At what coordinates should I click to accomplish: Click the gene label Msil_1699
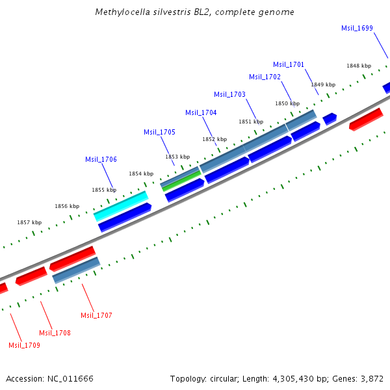(357, 28)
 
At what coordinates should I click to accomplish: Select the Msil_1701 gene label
(289, 64)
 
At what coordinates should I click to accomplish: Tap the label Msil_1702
(265, 77)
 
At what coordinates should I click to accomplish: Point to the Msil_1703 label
(229, 94)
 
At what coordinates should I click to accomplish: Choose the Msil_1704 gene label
(201, 112)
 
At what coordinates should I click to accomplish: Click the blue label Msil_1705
(159, 132)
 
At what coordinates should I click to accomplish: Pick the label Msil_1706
(101, 159)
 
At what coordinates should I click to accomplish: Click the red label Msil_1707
(96, 315)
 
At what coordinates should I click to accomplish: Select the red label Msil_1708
(55, 333)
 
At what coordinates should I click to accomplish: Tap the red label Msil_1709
(24, 345)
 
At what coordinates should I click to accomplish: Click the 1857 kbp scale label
(29, 222)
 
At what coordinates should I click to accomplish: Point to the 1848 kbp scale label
(358, 66)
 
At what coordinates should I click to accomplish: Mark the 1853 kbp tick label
(177, 157)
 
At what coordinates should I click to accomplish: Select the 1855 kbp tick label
(103, 190)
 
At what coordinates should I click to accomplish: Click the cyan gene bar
(121, 206)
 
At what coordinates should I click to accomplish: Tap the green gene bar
(181, 181)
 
